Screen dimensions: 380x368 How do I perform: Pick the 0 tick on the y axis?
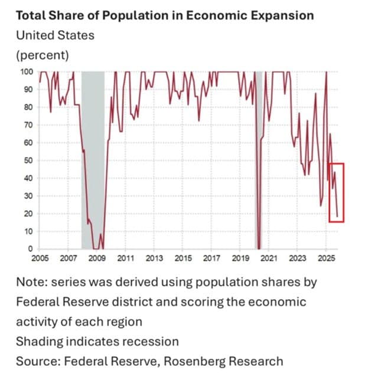31,249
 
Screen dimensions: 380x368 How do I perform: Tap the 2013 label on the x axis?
154,258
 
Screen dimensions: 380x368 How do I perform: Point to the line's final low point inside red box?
337,217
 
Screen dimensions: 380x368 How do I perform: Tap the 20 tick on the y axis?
28,214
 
